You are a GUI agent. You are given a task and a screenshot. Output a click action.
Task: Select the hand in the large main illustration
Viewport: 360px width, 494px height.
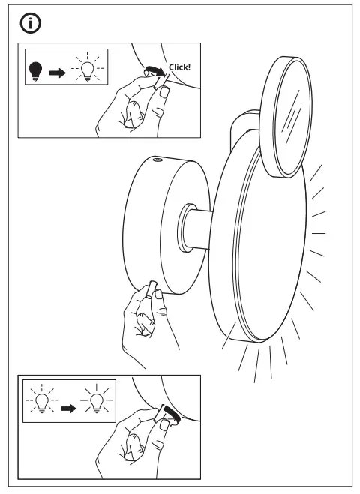click(x=146, y=322)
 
